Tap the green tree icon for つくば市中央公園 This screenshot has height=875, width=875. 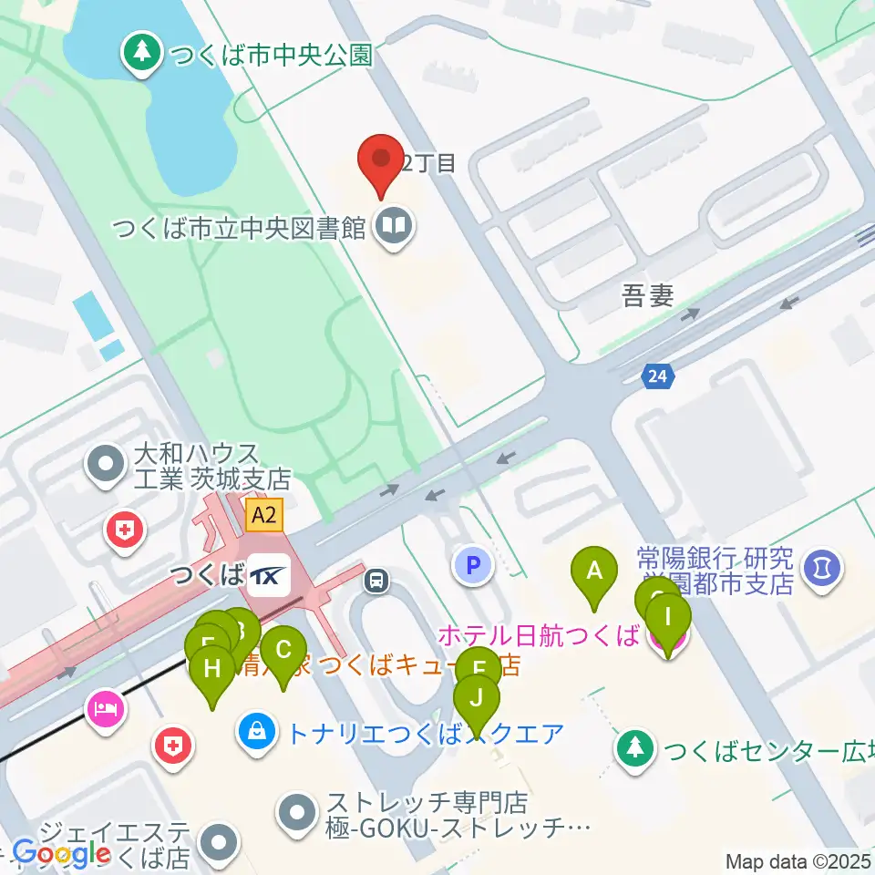141,53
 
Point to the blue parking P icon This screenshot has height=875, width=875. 473,566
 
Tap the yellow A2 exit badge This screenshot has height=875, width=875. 263,516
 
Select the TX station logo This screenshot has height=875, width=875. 270,576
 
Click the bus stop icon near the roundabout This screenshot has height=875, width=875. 376,579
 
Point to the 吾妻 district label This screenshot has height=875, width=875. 647,296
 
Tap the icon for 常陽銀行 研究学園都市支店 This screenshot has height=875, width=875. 823,571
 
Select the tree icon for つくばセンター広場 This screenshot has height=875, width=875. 636,749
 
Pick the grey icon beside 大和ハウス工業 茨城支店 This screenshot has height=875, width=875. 107,465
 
